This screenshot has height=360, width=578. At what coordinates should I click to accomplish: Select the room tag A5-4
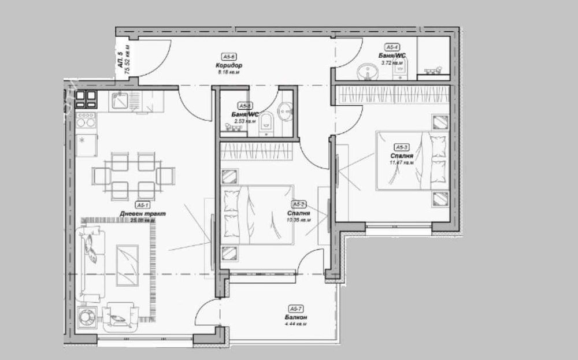click(392, 47)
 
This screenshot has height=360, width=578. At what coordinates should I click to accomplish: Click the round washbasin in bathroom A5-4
click(366, 72)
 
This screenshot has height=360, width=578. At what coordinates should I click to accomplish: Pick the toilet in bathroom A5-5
click(265, 121)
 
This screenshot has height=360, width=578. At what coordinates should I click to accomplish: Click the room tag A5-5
click(245, 106)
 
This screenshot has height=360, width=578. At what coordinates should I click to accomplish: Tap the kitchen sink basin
click(121, 101)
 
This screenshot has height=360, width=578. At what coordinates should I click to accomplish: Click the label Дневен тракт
click(142, 213)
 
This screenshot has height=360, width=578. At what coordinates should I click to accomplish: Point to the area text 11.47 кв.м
click(402, 162)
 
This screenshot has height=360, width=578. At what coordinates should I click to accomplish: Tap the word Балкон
click(295, 317)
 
